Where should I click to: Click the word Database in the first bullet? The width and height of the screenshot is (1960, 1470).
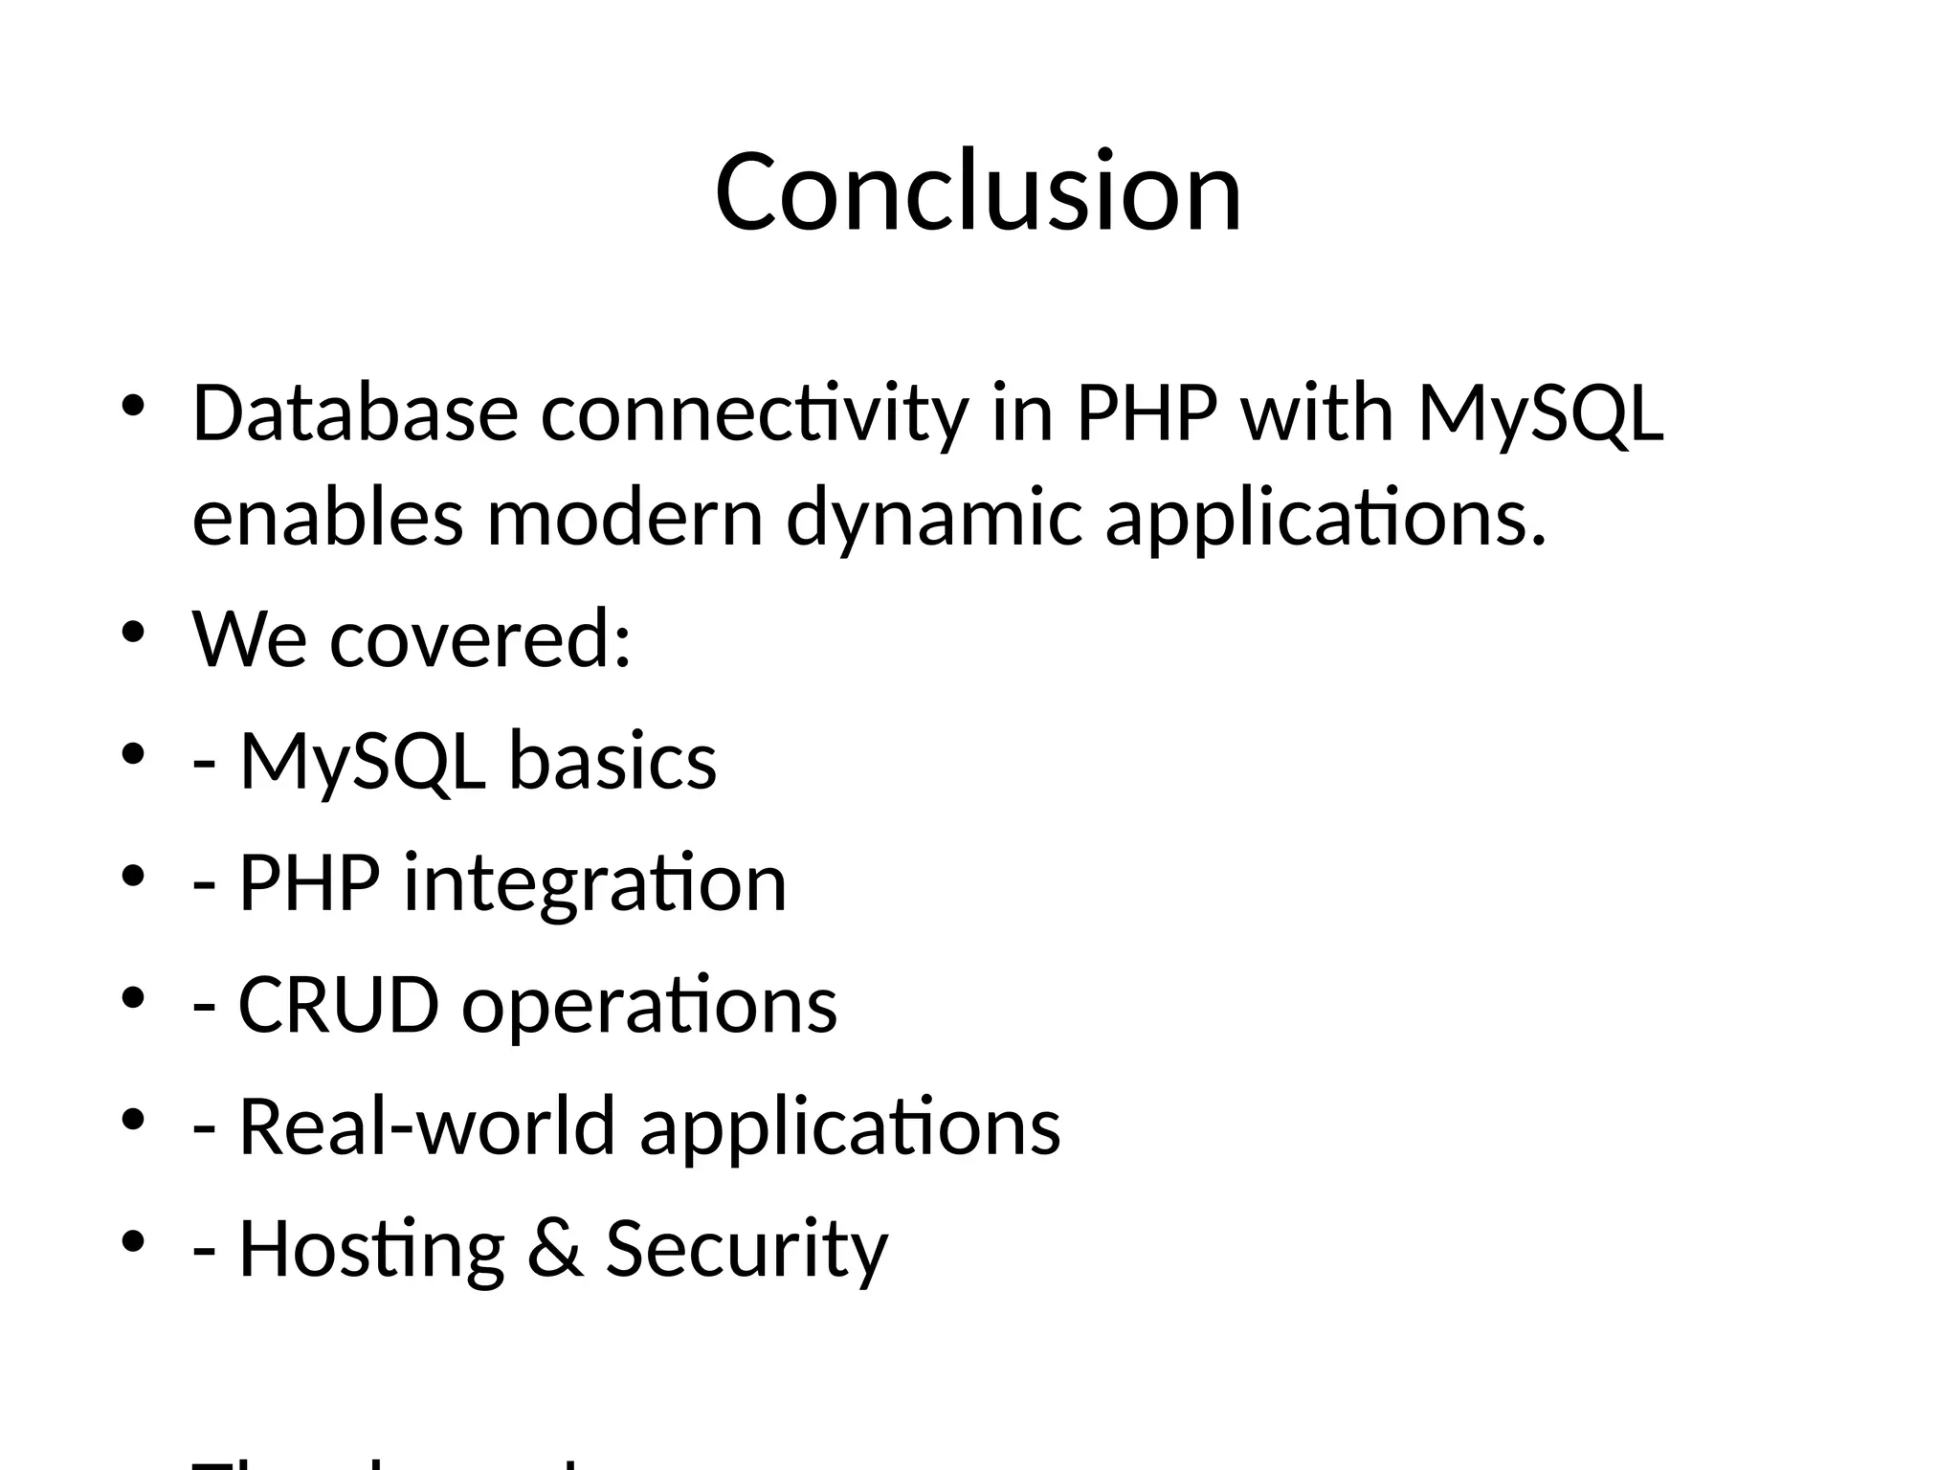(x=355, y=413)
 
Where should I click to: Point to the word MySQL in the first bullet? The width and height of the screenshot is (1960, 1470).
(x=1541, y=413)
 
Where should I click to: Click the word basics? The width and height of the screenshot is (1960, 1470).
(x=612, y=761)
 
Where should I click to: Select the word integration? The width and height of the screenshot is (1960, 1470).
(x=594, y=882)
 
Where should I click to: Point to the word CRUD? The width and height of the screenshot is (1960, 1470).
(x=338, y=1005)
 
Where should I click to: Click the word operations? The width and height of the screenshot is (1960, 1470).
(x=649, y=1005)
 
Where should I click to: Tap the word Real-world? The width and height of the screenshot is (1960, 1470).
(x=426, y=1126)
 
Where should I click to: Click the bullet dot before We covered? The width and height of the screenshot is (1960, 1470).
(x=133, y=633)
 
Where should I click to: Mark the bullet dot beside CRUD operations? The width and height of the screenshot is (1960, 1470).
(x=133, y=998)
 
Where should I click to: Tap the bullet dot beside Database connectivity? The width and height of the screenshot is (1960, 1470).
(x=133, y=407)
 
